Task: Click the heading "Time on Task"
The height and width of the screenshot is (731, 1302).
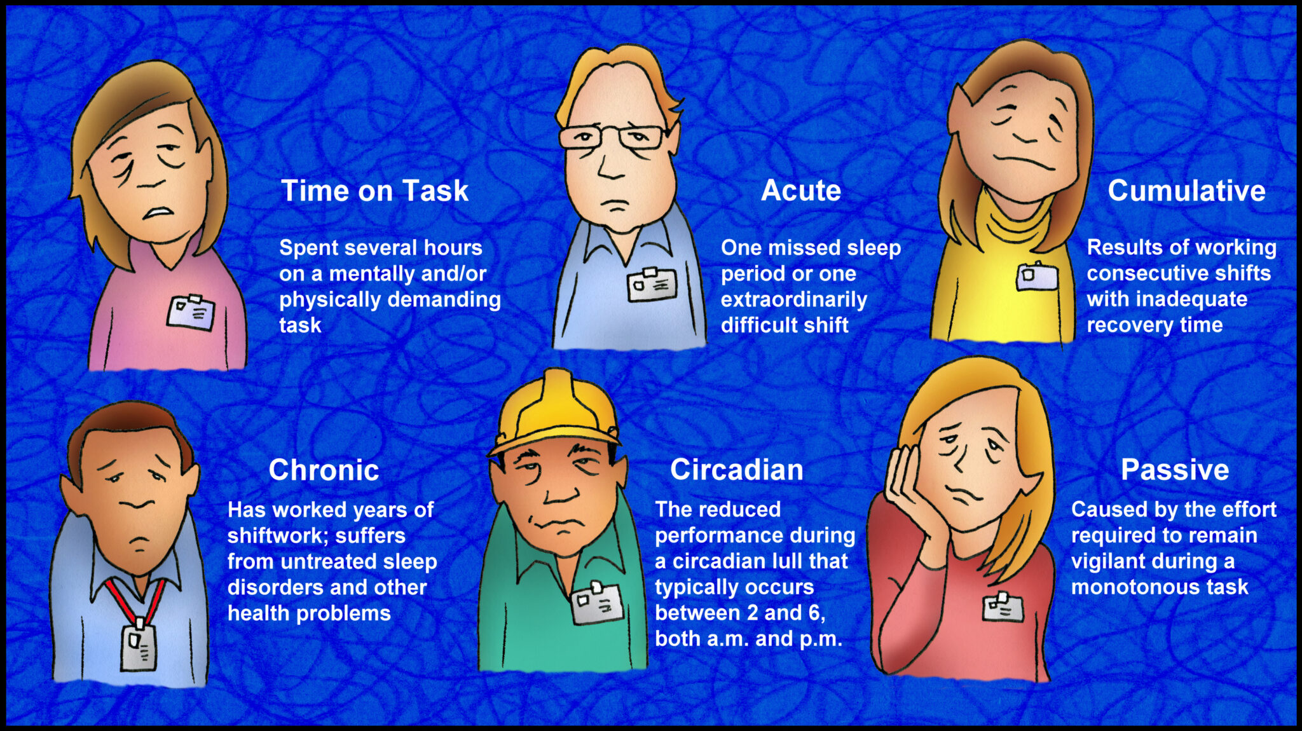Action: click(x=374, y=191)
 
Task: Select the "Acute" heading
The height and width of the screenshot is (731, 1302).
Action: click(x=800, y=190)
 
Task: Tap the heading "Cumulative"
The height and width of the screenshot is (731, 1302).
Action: click(x=1186, y=191)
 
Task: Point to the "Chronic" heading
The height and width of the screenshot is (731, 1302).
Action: click(x=324, y=470)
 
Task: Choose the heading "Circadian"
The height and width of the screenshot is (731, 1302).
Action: click(x=736, y=470)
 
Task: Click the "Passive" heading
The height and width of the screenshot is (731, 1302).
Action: click(x=1175, y=470)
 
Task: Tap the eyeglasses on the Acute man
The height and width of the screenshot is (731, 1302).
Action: click(x=613, y=137)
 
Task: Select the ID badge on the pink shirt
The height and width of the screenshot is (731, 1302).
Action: click(x=191, y=312)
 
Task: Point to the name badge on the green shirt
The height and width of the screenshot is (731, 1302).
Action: click(x=597, y=602)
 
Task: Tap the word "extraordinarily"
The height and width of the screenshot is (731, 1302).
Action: click(x=793, y=299)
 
